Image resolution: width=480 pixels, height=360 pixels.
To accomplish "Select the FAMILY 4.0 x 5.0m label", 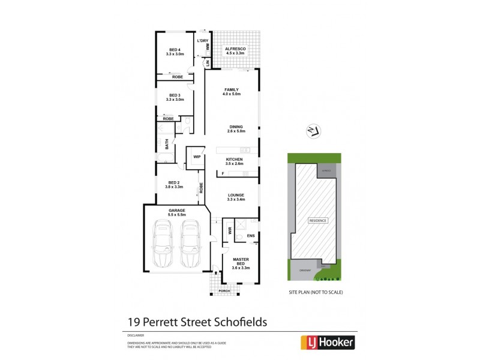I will click(231, 92).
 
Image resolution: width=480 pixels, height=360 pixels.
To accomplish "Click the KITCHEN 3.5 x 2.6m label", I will click(234, 161).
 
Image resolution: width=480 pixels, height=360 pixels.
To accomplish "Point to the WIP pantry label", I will click(196, 157).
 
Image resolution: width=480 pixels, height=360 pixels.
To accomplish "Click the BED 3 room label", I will click(175, 97).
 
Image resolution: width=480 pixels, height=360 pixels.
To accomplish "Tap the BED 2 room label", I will click(173, 185).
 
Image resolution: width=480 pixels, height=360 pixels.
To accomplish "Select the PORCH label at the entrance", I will click(224, 291).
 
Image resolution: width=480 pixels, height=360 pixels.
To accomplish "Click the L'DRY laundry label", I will click(203, 40).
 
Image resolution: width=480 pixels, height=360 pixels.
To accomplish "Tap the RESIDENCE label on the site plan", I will click(318, 220).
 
